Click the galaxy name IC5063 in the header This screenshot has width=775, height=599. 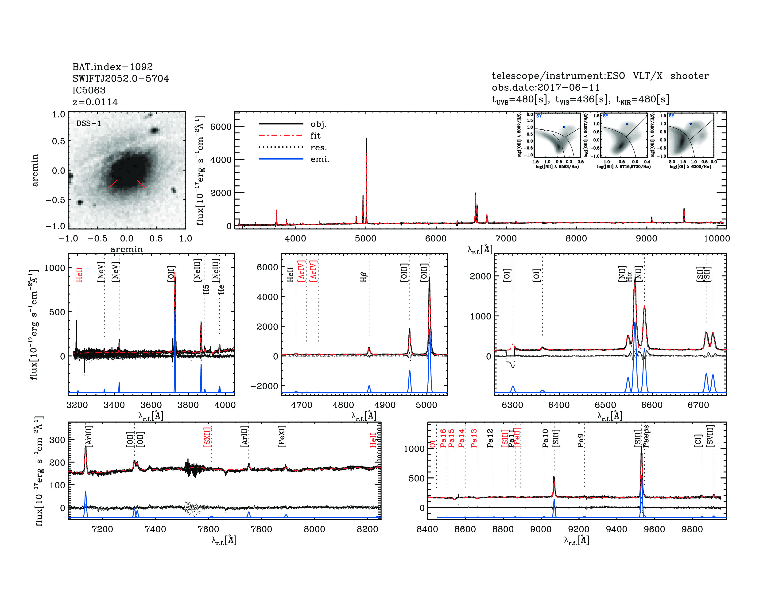click(x=89, y=90)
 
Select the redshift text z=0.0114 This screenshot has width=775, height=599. click(x=95, y=102)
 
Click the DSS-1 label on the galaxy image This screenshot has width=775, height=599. click(x=89, y=124)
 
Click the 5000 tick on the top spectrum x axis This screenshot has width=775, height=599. click(x=365, y=238)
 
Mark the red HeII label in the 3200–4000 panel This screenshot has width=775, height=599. click(x=79, y=274)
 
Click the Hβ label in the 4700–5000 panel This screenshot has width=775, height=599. click(x=363, y=277)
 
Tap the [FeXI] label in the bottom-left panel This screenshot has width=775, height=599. click(x=282, y=436)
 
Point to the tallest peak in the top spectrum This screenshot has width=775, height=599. click(x=366, y=139)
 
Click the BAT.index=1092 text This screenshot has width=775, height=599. click(x=112, y=67)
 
